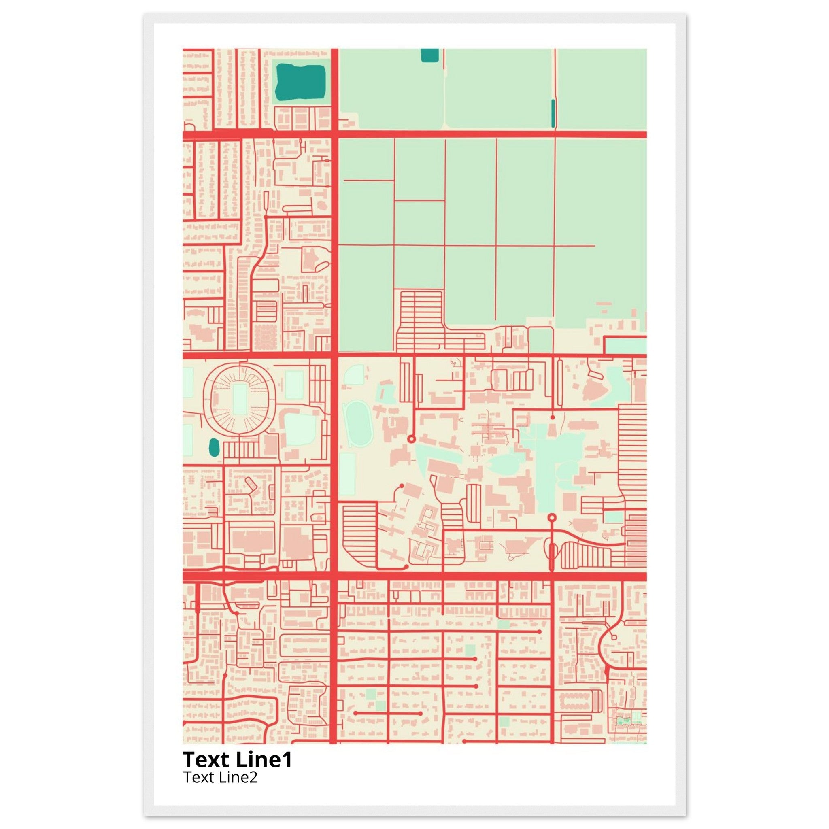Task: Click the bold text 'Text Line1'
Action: pyautogui.click(x=237, y=759)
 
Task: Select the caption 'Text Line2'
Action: pyautogui.click(x=220, y=777)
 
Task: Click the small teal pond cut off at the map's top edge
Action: pyautogui.click(x=429, y=55)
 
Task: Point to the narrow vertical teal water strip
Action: pyautogui.click(x=553, y=113)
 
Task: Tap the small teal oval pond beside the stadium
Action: pyautogui.click(x=214, y=448)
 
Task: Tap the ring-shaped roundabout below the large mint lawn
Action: pyautogui.click(x=552, y=517)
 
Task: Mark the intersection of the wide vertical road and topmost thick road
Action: pyautogui.click(x=334, y=134)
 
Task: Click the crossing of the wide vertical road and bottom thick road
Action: pyautogui.click(x=334, y=576)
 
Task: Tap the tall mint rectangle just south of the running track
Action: pyautogui.click(x=347, y=474)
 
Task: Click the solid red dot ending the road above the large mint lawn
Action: pyautogui.click(x=552, y=417)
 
